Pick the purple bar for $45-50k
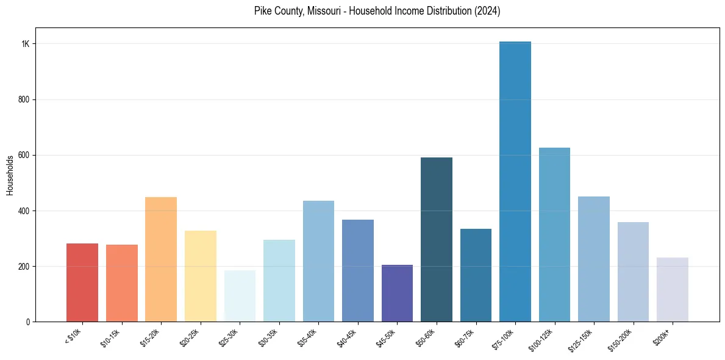coord(397,293)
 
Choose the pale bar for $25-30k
coord(240,296)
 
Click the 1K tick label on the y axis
coord(25,44)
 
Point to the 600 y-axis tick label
coord(23,155)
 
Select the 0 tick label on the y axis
coord(27,322)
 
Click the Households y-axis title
coord(10,175)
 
